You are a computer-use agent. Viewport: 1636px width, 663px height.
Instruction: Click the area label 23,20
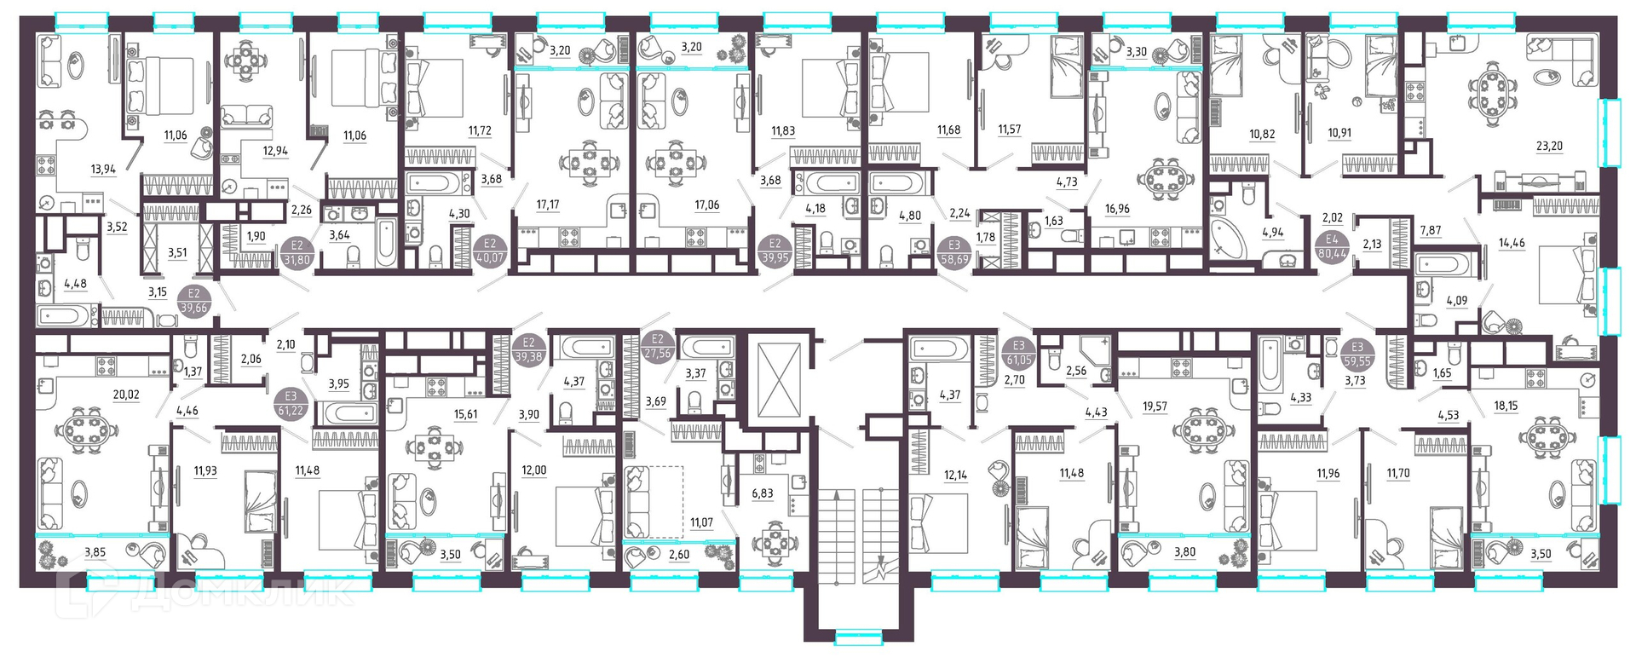point(1549,146)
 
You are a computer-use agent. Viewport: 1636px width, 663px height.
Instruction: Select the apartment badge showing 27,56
point(657,346)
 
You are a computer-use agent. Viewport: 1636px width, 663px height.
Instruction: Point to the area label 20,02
point(125,395)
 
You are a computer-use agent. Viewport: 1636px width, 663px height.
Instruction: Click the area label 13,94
point(103,170)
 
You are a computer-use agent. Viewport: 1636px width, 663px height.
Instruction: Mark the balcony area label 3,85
point(95,553)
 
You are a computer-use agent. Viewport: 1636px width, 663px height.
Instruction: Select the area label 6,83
point(763,493)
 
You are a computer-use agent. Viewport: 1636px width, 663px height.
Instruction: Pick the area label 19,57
point(1155,406)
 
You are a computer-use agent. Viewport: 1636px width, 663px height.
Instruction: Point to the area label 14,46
point(1512,243)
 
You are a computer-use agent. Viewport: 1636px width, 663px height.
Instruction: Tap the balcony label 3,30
point(1137,51)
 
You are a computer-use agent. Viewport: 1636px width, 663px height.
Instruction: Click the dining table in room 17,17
point(589,162)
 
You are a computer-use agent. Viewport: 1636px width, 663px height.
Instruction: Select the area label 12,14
point(955,475)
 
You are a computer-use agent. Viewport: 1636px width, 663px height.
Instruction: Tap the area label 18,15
point(1506,406)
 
